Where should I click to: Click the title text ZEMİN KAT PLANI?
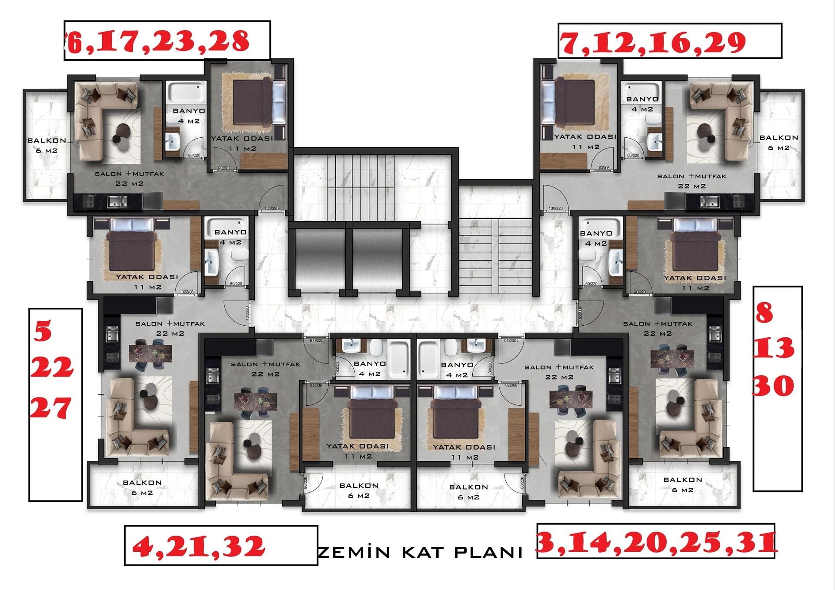[x=420, y=553]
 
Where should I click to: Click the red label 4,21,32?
[x=198, y=546]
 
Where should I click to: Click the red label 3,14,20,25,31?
[x=657, y=542]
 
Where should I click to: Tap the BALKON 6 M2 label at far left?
[x=47, y=145]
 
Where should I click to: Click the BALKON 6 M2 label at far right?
[x=778, y=142]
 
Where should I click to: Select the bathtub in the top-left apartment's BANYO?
[x=186, y=92]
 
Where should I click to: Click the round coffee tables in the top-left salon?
[x=121, y=133]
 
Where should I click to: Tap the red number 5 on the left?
[x=43, y=331]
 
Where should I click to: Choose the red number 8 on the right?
[x=765, y=313]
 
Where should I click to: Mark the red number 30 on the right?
[x=773, y=386]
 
